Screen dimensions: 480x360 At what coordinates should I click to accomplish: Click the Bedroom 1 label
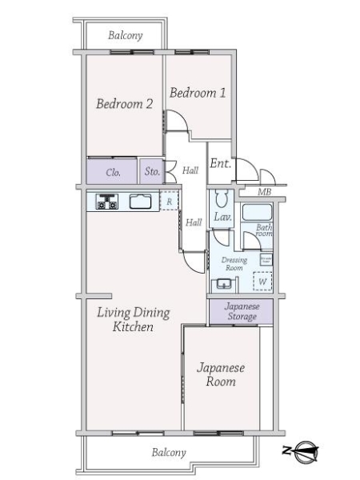click(197, 93)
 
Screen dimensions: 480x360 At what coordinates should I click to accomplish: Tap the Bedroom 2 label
click(124, 103)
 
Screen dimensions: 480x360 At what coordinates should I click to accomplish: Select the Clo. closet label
click(114, 172)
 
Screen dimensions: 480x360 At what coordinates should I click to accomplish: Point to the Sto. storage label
click(152, 172)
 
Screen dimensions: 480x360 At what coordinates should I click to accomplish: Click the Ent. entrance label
click(220, 163)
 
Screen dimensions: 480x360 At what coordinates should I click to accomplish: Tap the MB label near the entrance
click(264, 193)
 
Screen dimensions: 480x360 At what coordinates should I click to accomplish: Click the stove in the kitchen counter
click(107, 202)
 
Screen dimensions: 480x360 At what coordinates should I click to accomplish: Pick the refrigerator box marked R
click(169, 202)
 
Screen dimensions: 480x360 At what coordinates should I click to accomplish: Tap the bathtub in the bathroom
click(257, 214)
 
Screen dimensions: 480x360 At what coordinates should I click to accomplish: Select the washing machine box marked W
click(262, 282)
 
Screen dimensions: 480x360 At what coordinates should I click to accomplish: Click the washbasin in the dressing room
click(222, 285)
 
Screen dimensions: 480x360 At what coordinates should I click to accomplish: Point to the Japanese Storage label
click(241, 312)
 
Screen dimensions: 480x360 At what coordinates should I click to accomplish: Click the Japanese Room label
click(221, 374)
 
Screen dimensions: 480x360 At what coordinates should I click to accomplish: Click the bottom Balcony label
click(168, 453)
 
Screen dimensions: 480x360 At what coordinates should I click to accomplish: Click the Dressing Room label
click(234, 264)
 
